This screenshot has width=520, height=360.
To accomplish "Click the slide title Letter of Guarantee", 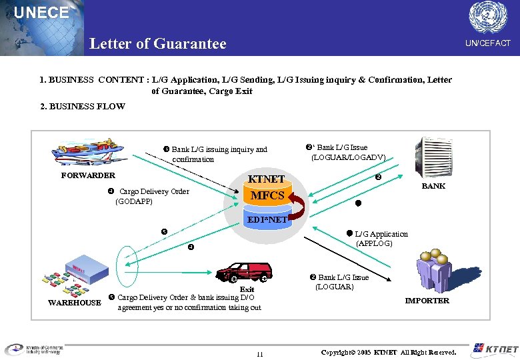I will (x=158, y=44).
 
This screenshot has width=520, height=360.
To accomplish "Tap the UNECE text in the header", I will (x=41, y=13).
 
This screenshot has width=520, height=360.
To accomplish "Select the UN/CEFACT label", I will (x=487, y=43).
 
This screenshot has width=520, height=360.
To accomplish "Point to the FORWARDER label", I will (x=88, y=175).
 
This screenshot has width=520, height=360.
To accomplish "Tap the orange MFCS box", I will (x=267, y=196).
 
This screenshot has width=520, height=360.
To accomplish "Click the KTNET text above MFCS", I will (x=266, y=179).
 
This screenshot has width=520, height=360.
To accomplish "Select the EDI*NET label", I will (x=267, y=219).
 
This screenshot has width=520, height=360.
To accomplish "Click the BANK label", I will (x=433, y=186).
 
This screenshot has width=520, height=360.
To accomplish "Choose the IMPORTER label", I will (x=427, y=301).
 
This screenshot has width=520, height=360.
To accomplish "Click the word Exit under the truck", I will (x=247, y=289).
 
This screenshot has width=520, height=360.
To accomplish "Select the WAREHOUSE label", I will (x=74, y=303).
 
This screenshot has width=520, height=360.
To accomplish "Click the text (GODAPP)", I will (x=134, y=201).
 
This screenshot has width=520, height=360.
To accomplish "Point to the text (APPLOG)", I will (x=374, y=244).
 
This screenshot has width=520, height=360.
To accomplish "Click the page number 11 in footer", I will (x=259, y=354).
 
